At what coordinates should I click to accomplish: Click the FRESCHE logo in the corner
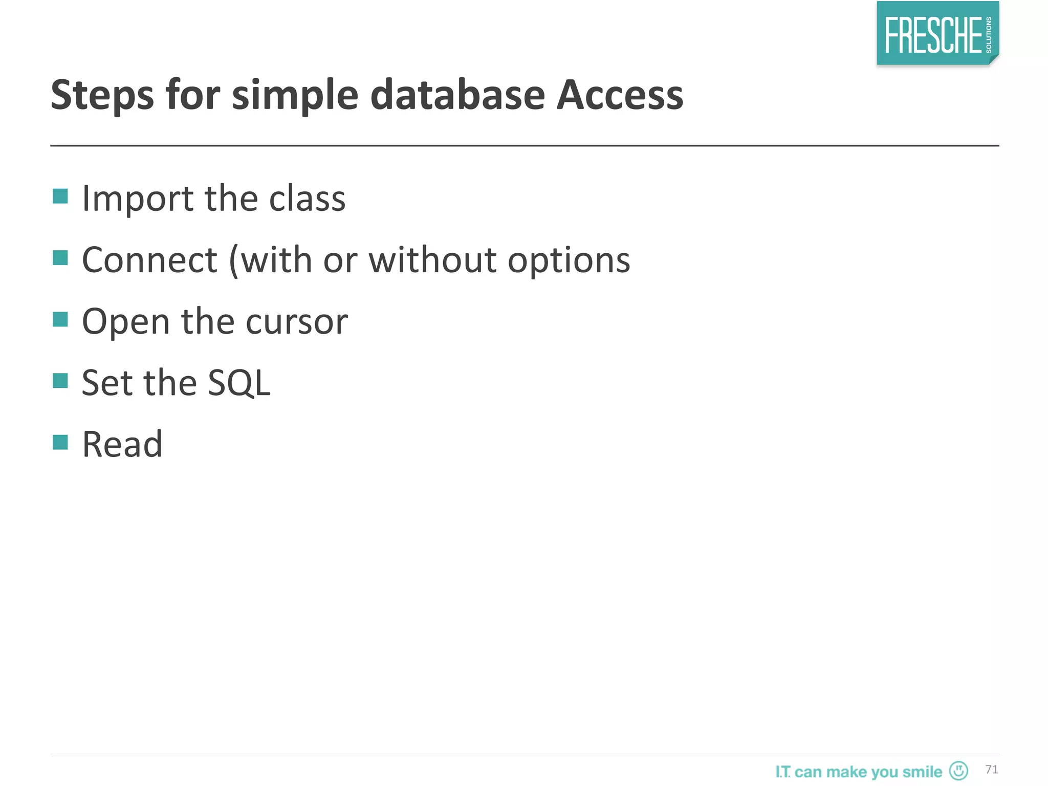click(x=937, y=34)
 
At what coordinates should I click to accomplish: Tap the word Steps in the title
click(x=102, y=96)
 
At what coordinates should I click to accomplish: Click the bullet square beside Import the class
click(x=60, y=196)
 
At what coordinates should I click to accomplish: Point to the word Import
click(x=138, y=199)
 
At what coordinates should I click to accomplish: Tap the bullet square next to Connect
click(x=60, y=257)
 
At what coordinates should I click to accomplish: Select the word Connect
click(x=149, y=260)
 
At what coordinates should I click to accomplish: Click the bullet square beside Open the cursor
click(x=60, y=319)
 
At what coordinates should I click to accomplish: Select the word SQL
click(x=239, y=383)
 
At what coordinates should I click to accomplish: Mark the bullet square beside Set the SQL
click(x=60, y=381)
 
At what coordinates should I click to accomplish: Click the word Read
click(x=122, y=444)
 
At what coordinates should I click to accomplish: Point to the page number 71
click(x=991, y=769)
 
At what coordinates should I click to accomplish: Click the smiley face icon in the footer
click(x=958, y=770)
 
